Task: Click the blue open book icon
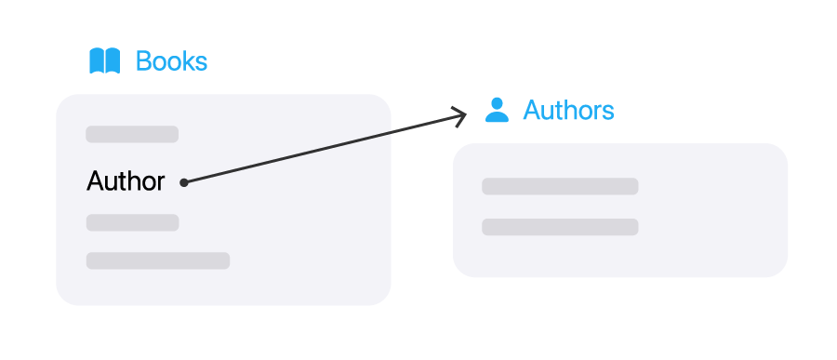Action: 104,60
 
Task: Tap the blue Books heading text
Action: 171,60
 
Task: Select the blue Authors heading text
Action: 568,110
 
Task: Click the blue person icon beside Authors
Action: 497,110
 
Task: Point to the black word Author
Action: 126,181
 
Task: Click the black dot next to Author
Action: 183,182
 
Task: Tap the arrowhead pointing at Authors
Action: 460,116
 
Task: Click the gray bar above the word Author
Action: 132,134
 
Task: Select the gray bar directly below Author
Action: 132,222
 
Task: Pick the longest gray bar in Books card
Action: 158,260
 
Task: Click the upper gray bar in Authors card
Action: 560,186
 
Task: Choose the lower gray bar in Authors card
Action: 560,227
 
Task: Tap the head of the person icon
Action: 497,103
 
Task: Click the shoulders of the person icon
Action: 497,117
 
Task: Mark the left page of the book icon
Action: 97,60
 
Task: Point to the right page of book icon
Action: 113,60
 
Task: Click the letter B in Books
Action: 143,60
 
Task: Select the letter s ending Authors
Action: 608,113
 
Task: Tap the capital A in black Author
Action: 95,180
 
